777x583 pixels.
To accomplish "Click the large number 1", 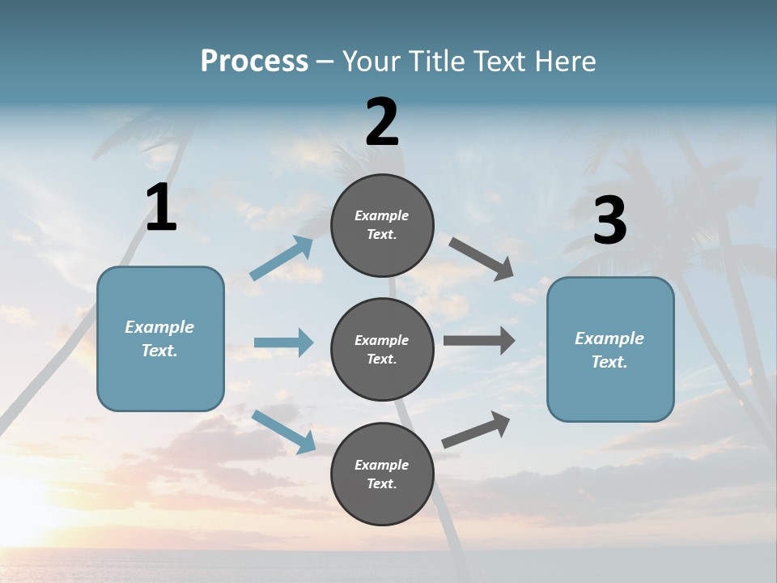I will (x=161, y=208).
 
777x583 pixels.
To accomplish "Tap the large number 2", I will (x=382, y=122).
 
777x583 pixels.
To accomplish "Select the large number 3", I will (x=609, y=221).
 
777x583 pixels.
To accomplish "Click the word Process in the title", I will (x=254, y=61).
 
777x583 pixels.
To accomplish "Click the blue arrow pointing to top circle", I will (x=282, y=258).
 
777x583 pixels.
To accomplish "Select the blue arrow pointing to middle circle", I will (x=283, y=343).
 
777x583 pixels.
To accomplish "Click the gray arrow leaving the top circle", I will (x=481, y=259).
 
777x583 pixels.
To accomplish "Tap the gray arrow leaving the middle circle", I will (x=479, y=341).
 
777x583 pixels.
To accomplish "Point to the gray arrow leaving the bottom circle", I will (x=476, y=429).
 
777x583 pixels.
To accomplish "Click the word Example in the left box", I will (x=159, y=327).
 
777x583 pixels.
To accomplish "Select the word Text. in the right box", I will (x=609, y=362).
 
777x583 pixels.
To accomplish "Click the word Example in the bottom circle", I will (x=382, y=465).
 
